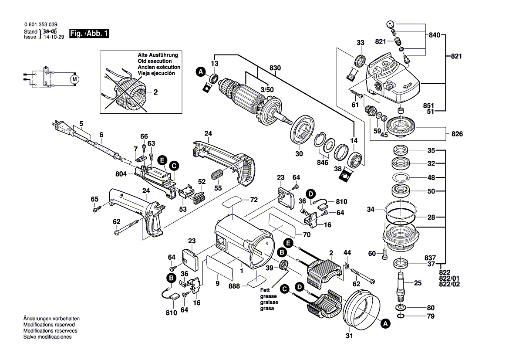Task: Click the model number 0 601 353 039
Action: click(x=40, y=25)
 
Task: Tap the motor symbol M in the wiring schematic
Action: click(x=74, y=79)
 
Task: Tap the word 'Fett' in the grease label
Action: click(x=265, y=290)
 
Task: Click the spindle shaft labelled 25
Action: click(x=401, y=283)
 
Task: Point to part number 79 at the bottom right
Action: click(x=431, y=316)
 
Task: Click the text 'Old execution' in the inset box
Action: click(x=153, y=61)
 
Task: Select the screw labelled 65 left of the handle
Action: click(x=96, y=210)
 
